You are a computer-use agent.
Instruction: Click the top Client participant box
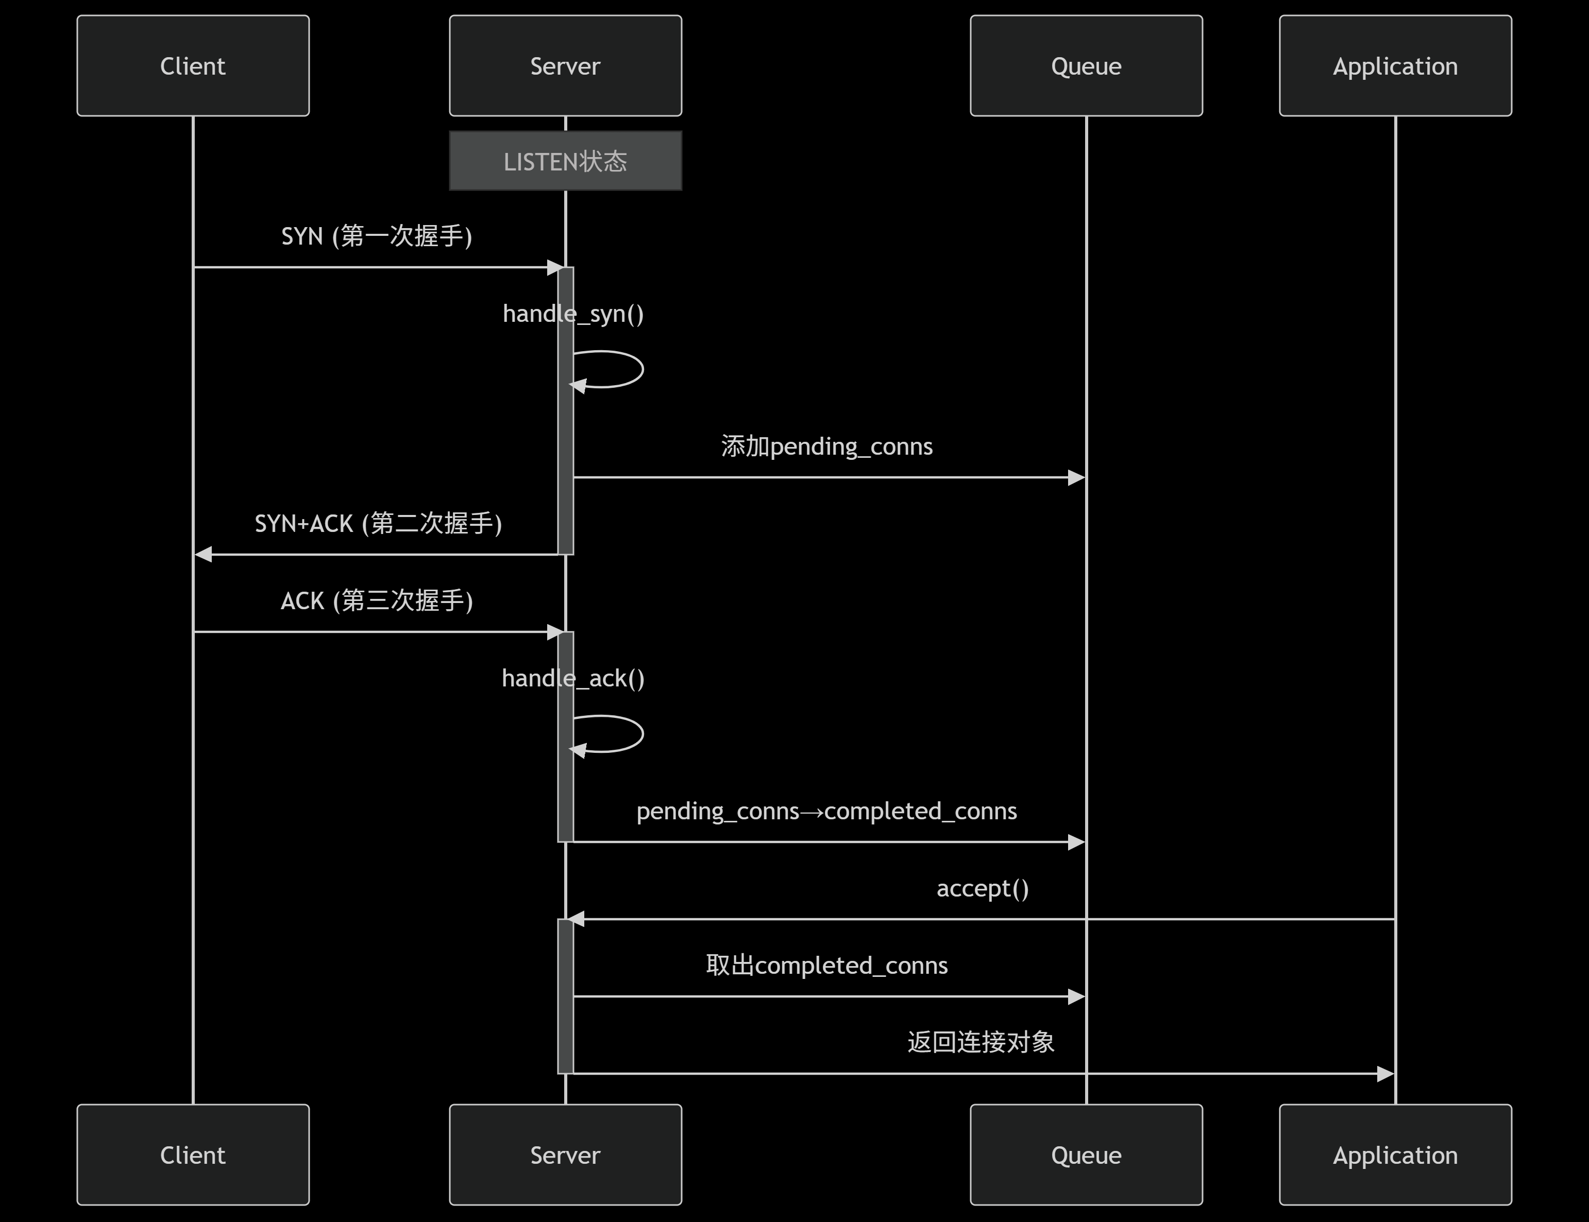[x=193, y=65]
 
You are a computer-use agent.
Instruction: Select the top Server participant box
[x=565, y=65]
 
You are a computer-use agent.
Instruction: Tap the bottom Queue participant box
[x=1086, y=1155]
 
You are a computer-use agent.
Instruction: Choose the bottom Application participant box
[x=1395, y=1155]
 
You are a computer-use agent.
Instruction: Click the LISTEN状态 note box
[x=565, y=161]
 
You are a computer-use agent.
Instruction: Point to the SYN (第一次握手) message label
[x=377, y=236]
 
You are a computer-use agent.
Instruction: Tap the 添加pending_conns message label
[x=826, y=446]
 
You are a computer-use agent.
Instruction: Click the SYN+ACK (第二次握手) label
[x=378, y=523]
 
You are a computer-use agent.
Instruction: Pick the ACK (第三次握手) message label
[x=377, y=600]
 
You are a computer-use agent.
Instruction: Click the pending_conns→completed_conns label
[x=826, y=811]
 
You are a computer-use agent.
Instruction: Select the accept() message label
[x=982, y=888]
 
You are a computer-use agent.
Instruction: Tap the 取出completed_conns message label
[x=826, y=965]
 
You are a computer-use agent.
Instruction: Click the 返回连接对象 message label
[x=981, y=1042]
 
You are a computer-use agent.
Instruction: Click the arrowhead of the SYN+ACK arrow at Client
[x=203, y=554]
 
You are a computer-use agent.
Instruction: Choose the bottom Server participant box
[x=565, y=1155]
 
